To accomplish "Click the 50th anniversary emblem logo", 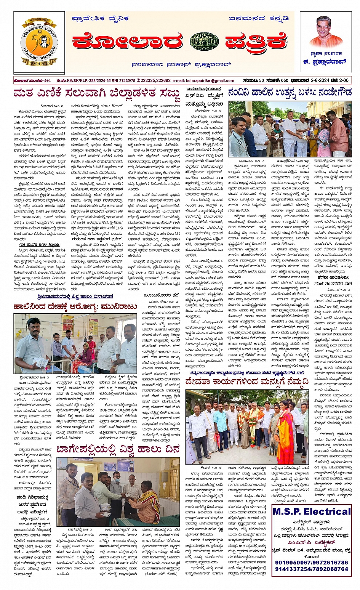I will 39,42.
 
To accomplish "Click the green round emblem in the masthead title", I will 205,42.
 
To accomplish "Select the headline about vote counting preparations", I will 97,94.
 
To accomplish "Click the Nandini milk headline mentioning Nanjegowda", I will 290,92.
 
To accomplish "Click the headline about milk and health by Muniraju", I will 75,306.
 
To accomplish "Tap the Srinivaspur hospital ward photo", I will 75,343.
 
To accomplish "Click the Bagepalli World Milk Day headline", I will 118,450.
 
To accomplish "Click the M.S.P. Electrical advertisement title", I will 312,511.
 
